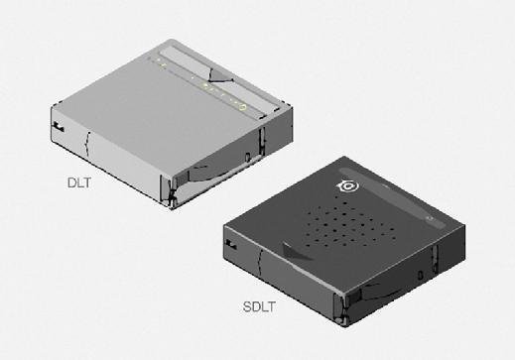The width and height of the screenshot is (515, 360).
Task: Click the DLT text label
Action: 79,182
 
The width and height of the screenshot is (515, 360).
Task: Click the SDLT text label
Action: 259,307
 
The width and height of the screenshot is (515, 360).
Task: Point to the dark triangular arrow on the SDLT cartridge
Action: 295,252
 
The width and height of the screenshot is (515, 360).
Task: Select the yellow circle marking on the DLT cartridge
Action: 242,107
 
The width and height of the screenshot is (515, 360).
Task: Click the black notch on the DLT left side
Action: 59,127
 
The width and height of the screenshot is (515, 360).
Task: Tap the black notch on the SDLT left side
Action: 231,244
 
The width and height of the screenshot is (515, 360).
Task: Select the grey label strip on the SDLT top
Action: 393,198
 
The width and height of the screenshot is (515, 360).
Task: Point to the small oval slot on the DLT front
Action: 247,157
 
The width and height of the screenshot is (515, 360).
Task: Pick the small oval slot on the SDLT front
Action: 420,275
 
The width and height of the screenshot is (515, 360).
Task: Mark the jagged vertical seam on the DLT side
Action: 87,144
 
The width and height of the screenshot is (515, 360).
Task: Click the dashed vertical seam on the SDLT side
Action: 261,263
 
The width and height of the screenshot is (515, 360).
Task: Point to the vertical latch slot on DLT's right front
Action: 262,142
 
